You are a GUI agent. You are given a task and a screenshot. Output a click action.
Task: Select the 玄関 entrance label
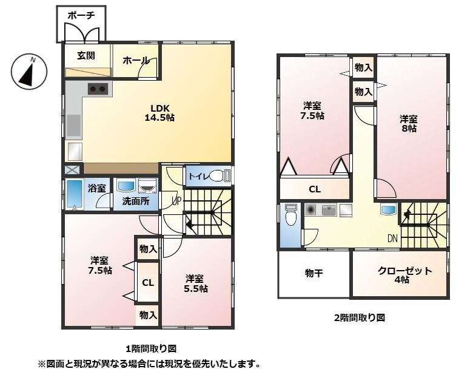coord(85,56)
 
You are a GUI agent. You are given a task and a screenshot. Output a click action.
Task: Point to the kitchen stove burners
coord(98,89)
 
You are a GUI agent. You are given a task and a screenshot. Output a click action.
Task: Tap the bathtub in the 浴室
coord(74,194)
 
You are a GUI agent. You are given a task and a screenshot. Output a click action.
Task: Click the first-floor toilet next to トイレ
coord(219,176)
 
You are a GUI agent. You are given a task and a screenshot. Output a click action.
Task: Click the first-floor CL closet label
coord(148,283)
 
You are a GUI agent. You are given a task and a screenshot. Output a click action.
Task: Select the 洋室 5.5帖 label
coord(196,283)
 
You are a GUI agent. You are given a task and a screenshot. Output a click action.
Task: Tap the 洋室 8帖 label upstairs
coord(409,123)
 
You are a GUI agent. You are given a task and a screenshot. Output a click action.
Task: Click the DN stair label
coord(392,239)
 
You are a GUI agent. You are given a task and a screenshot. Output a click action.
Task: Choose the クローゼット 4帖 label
coord(401,275)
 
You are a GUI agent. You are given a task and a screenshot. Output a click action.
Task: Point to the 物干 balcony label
coord(313,274)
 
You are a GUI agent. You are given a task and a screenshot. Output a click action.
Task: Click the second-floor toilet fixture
coord(290,215)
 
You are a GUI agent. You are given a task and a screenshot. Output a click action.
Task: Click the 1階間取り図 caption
coord(150,349)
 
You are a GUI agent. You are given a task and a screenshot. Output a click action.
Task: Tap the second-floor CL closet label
coord(315,189)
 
